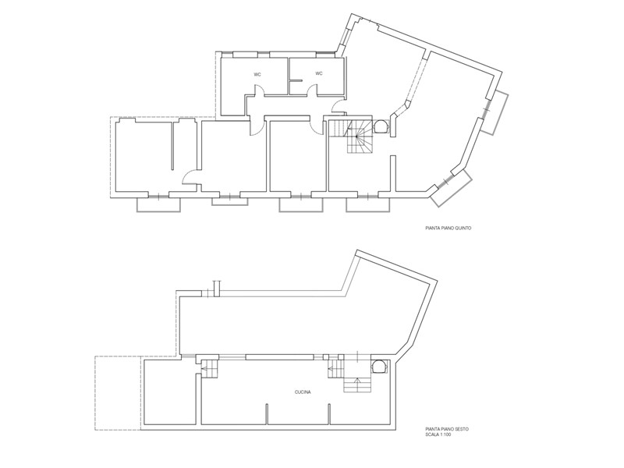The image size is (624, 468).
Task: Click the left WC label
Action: (257, 74)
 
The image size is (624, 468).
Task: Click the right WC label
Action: (319, 73)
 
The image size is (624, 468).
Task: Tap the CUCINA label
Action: (303, 392)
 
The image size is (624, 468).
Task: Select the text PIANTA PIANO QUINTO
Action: (448, 229)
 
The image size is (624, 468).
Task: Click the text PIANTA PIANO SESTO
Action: (447, 430)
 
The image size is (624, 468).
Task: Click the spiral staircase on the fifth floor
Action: (357, 136)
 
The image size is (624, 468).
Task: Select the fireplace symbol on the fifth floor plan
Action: (381, 127)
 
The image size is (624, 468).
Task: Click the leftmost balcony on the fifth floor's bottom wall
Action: (159, 205)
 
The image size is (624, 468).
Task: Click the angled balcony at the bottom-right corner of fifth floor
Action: (452, 188)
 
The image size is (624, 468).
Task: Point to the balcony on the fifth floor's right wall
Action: (495, 112)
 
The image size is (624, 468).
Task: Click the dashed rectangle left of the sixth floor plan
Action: (118, 393)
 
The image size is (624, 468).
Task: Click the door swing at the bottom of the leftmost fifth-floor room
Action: (190, 177)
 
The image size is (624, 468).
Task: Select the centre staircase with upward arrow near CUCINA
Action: (358, 384)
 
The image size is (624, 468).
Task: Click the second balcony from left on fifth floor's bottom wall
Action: (229, 201)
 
